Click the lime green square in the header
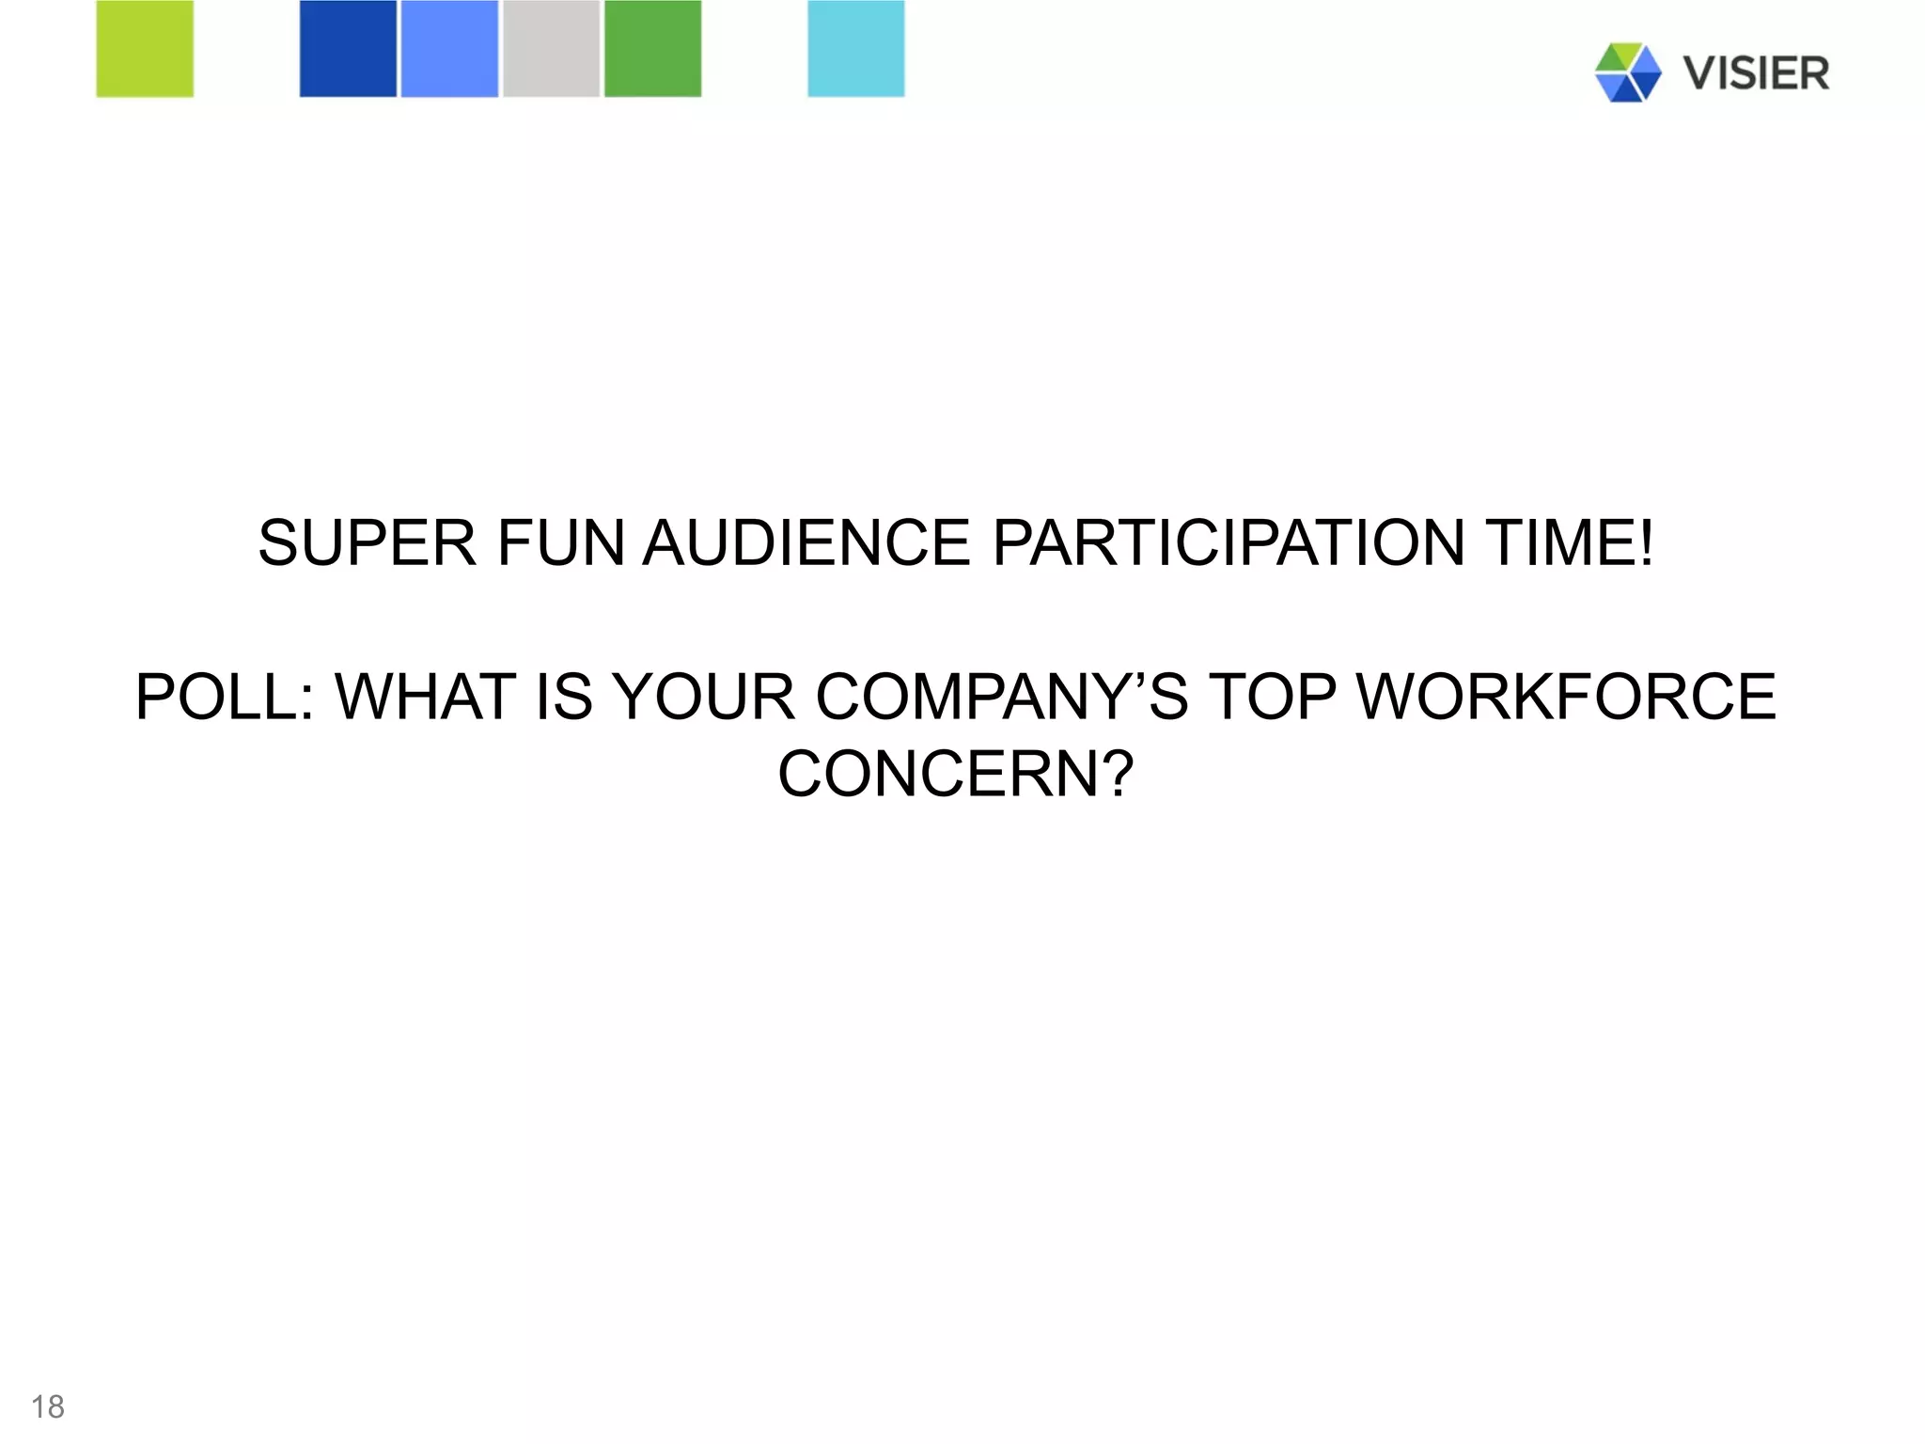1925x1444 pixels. tap(145, 48)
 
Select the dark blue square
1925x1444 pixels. tap(348, 48)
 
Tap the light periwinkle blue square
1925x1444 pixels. tap(449, 48)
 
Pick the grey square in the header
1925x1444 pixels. tap(551, 48)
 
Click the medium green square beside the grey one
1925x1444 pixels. tap(652, 48)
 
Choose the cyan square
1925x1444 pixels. tap(856, 48)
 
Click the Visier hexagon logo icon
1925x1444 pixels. tap(1628, 72)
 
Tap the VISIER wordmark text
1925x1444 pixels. tap(1756, 73)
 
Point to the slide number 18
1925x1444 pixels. tap(48, 1406)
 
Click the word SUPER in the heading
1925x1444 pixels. tap(367, 543)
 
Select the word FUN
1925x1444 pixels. tap(560, 543)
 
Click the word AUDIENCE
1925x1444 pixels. tap(806, 543)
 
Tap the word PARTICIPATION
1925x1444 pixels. tap(1228, 543)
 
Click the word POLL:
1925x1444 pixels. tap(225, 698)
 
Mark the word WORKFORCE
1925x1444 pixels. tap(1567, 698)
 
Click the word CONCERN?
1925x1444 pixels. tap(956, 775)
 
